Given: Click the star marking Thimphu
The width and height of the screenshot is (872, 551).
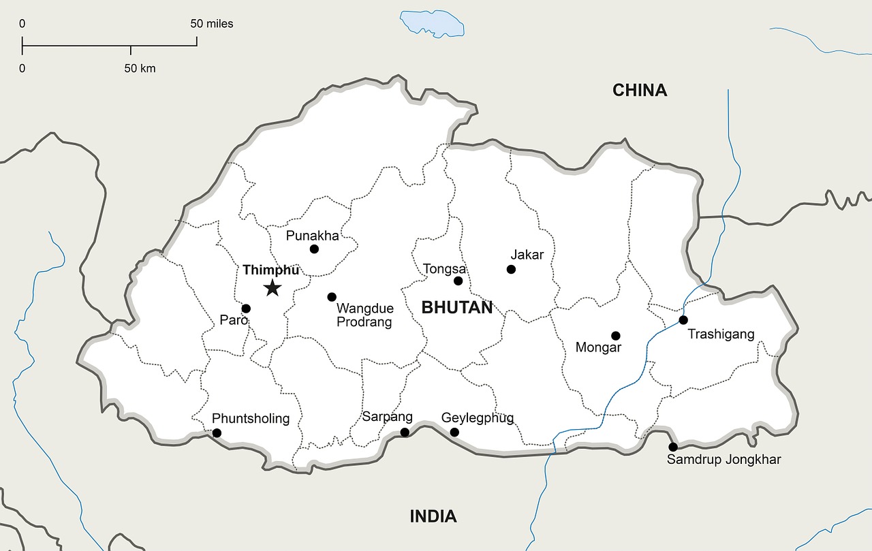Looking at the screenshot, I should [272, 287].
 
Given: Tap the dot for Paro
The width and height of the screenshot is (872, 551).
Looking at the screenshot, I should [246, 309].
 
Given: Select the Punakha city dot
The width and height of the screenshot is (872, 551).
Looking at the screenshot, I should [314, 249].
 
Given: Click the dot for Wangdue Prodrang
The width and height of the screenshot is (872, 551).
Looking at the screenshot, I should [332, 297].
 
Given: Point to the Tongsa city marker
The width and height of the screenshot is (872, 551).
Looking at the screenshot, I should [458, 281].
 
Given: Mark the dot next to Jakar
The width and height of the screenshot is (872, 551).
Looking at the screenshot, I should [511, 269].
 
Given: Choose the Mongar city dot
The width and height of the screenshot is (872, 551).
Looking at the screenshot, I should [616, 335].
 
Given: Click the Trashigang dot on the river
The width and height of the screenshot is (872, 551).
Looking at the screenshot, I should [683, 319].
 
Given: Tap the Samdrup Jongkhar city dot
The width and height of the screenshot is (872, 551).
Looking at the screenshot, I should [673, 447].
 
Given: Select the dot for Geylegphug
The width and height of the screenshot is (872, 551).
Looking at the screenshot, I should [454, 432].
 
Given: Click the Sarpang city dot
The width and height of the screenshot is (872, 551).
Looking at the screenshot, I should [405, 432].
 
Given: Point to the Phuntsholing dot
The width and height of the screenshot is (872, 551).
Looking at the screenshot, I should [217, 432].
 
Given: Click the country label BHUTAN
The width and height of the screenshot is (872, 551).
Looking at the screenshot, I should [456, 307].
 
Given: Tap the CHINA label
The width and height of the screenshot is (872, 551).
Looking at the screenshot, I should [639, 90].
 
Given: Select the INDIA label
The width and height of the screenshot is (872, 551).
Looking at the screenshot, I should [433, 516].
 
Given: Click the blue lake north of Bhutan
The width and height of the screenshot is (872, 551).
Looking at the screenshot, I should [433, 22].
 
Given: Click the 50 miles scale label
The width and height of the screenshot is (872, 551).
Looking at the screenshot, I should [211, 24].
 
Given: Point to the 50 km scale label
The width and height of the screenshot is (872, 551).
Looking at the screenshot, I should [140, 68].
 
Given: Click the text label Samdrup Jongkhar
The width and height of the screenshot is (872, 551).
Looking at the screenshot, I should [723, 460].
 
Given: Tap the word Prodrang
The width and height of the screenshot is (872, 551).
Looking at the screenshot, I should [364, 322].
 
